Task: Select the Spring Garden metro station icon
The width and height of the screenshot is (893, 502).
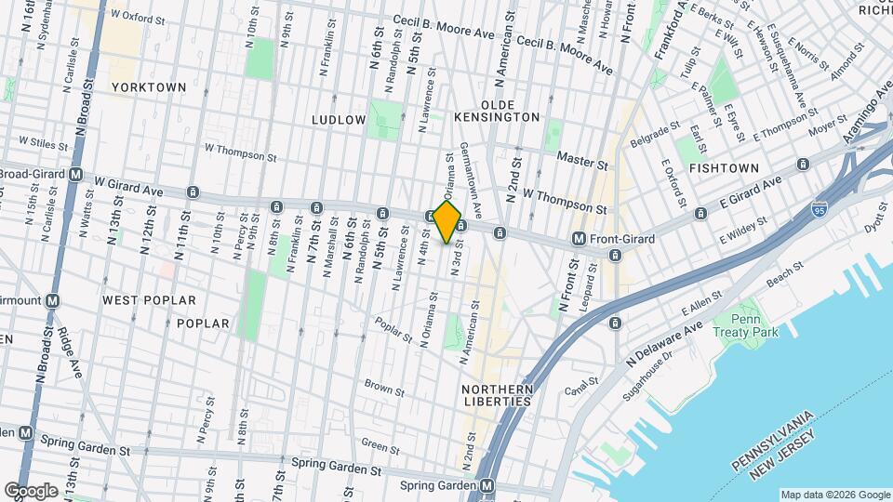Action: click(x=487, y=486)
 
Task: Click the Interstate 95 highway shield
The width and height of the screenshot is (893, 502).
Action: click(x=820, y=210)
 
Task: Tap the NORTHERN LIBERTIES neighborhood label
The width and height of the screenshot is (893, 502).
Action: click(x=499, y=395)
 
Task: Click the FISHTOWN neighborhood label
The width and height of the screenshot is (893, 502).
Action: click(x=720, y=167)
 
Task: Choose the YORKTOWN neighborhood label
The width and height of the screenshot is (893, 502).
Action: click(x=149, y=87)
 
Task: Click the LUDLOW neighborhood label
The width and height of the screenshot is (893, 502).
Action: click(x=340, y=120)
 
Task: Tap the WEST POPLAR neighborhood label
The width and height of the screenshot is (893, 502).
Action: click(x=149, y=300)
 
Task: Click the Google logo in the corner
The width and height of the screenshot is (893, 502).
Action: click(x=32, y=490)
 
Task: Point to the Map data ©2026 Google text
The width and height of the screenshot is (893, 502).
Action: click(x=834, y=495)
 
